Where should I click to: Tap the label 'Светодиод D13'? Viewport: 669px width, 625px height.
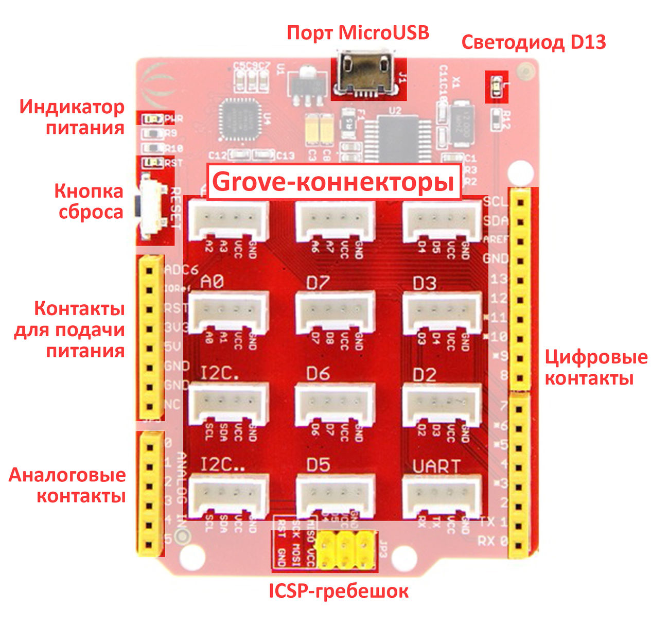pyautogui.click(x=534, y=42)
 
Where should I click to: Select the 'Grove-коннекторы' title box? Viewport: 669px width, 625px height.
pyautogui.click(x=333, y=181)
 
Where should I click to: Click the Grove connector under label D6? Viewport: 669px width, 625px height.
pyautogui.click(x=335, y=404)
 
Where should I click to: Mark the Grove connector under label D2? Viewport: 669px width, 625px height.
pyautogui.click(x=442, y=404)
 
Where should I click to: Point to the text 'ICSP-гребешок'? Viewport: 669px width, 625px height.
pyautogui.click(x=339, y=591)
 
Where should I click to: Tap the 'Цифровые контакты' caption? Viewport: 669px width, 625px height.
pyautogui.click(x=596, y=368)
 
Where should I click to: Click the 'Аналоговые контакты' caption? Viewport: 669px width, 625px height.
pyautogui.click(x=67, y=485)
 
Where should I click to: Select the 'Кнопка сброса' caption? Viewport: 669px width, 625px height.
pyautogui.click(x=89, y=201)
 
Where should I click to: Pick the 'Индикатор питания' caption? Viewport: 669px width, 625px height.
pyautogui.click(x=72, y=117)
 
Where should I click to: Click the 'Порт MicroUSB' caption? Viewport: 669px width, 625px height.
pyautogui.click(x=358, y=33)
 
